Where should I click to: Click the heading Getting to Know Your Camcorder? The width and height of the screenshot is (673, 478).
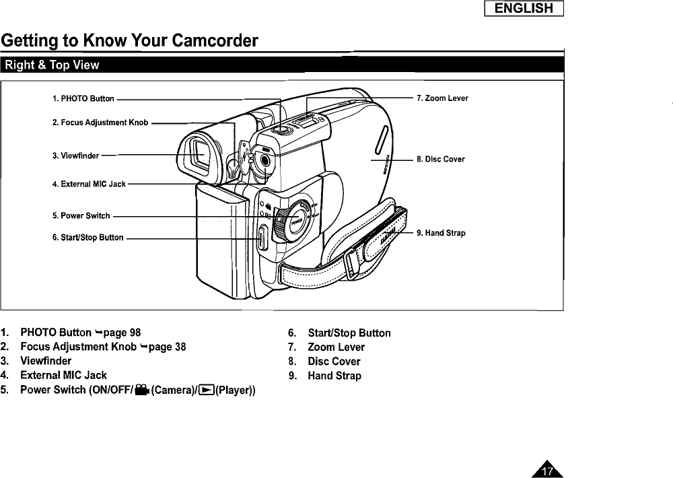click(130, 42)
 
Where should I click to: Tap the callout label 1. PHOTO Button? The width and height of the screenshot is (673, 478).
click(83, 99)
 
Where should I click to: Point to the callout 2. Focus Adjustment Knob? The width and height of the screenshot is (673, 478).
click(100, 123)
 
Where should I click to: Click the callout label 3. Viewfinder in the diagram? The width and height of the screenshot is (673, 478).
click(75, 156)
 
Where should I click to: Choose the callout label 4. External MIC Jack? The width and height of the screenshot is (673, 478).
click(89, 184)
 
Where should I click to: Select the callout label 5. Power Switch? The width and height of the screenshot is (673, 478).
click(81, 216)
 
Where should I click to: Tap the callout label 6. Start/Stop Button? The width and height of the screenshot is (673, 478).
click(87, 238)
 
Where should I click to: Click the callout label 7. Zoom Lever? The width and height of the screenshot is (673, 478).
click(442, 98)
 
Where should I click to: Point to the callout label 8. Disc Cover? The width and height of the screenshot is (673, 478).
click(441, 160)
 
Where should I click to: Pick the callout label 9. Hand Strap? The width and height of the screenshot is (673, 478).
click(441, 234)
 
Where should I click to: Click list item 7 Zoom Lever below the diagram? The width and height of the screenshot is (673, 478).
click(336, 347)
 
